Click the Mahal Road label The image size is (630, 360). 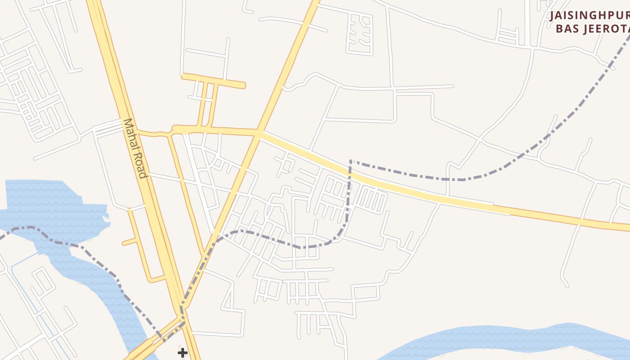(x=135, y=148)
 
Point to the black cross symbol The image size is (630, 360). (x=182, y=352)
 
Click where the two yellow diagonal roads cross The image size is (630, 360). (x=259, y=133)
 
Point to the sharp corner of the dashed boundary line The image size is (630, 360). (x=351, y=161)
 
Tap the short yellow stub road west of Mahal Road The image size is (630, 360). (x=130, y=242)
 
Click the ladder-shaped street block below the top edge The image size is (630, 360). (x=360, y=34)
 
